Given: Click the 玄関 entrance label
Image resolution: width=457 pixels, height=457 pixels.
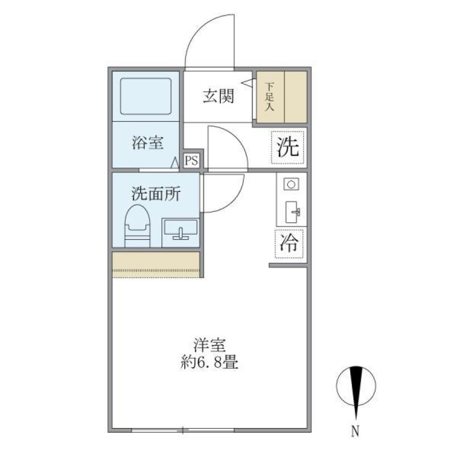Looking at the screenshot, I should (x=219, y=97).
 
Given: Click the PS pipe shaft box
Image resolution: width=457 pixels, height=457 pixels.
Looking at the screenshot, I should (x=191, y=160).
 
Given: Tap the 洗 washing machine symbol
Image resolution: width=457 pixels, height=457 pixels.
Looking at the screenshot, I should (x=288, y=147).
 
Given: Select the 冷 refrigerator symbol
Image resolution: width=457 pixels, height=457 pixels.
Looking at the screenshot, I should (x=289, y=244).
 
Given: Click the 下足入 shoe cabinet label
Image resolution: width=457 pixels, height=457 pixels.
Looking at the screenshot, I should (x=269, y=97).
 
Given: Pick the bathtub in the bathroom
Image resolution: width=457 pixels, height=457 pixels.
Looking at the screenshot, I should (x=146, y=96).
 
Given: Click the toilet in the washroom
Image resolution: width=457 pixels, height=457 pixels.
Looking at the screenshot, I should (x=137, y=226).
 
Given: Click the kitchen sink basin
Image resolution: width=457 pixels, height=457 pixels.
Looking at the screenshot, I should (x=292, y=211).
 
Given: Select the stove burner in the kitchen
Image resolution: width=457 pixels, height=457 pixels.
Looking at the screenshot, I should (x=291, y=184).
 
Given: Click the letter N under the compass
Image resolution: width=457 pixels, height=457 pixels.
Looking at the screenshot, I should (x=355, y=431).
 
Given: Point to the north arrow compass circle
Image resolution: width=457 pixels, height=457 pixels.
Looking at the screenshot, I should (x=356, y=385).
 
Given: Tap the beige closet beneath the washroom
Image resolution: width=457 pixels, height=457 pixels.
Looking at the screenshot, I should (x=155, y=264).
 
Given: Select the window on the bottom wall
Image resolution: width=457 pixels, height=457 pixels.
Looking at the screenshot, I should (x=183, y=430).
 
